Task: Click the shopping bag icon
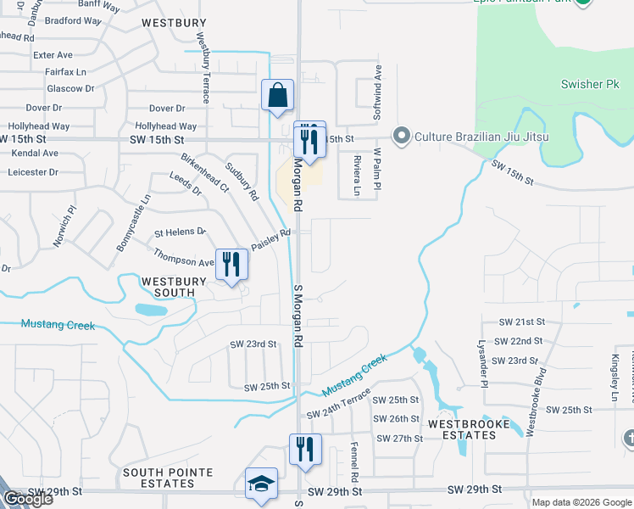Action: coord(278,97)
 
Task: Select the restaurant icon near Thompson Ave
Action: coord(231,265)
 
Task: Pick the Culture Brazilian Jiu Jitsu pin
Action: coord(401,137)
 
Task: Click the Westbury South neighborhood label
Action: coord(168,286)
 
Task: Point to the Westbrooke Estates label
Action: coord(462,429)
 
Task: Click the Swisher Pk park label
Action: coord(590,85)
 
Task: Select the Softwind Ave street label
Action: coord(379,90)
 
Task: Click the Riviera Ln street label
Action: coord(357,179)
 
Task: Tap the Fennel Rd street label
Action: coord(356,463)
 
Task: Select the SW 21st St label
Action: coord(520,322)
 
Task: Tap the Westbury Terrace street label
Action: coord(203,68)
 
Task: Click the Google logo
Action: coord(27,499)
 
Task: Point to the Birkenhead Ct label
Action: coord(203,172)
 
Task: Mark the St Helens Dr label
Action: coord(180,232)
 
